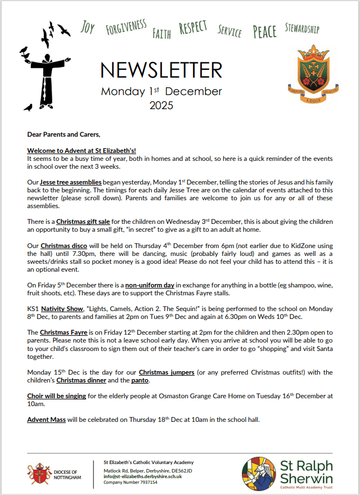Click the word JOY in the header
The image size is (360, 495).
pyautogui.click(x=87, y=28)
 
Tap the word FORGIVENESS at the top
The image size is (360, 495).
pyautogui.click(x=126, y=27)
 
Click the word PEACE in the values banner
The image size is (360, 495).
pyautogui.click(x=264, y=31)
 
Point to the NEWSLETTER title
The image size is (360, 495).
pyautogui.click(x=161, y=70)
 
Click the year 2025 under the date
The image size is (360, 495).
pyautogui.click(x=161, y=105)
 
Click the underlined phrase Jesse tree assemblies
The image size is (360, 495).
pyautogui.click(x=70, y=183)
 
